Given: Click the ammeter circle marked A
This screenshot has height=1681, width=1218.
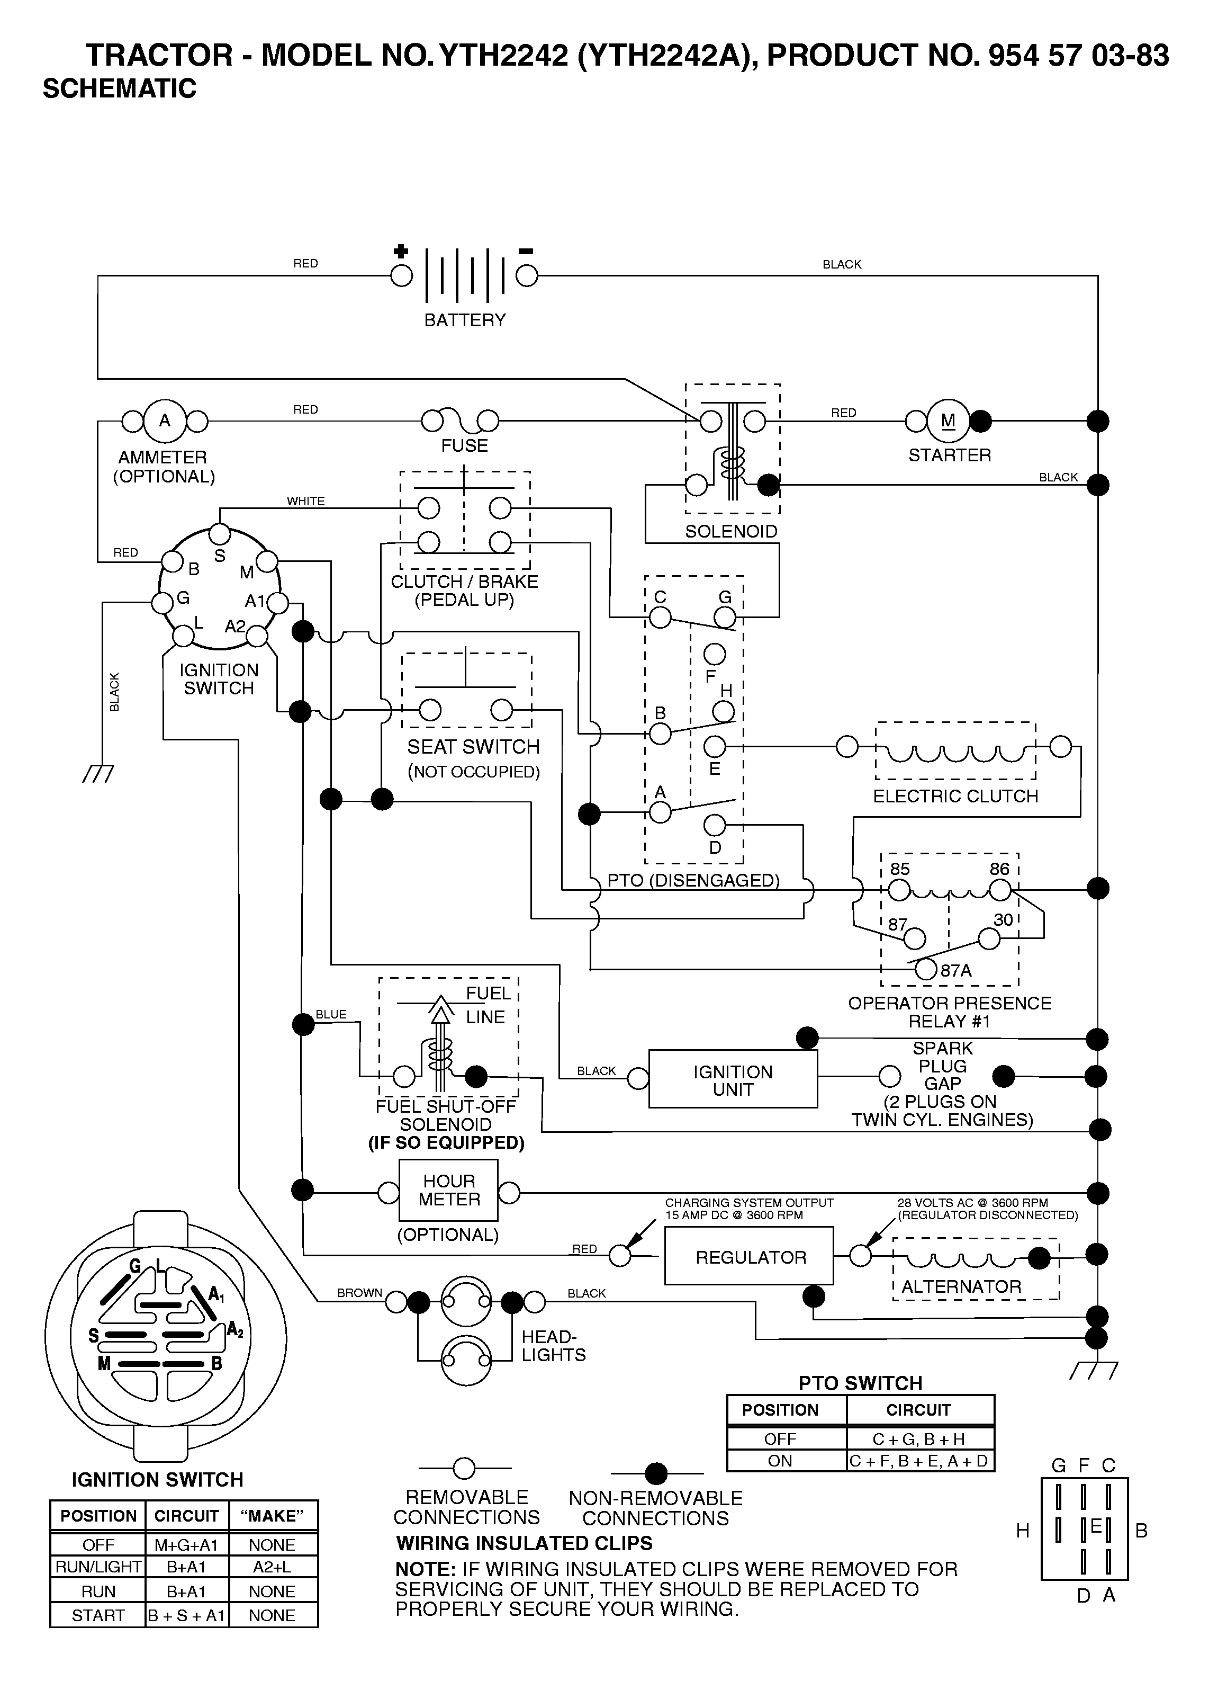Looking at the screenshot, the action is pyautogui.click(x=165, y=421).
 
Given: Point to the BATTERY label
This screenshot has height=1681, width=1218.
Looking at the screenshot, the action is pyautogui.click(x=465, y=320).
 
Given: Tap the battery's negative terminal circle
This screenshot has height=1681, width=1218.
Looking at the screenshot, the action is pyautogui.click(x=527, y=276).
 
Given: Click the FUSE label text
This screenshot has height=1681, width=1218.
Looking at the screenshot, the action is pyautogui.click(x=465, y=445).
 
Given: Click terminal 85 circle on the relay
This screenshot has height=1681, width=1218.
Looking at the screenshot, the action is pyautogui.click(x=899, y=889).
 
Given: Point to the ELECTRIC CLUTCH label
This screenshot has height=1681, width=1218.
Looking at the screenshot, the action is pyautogui.click(x=956, y=796).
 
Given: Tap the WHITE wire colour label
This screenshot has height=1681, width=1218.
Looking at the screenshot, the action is pyautogui.click(x=306, y=501).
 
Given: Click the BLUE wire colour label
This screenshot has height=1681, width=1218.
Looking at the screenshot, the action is pyautogui.click(x=331, y=1014).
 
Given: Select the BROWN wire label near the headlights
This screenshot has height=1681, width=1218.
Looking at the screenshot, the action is pyautogui.click(x=359, y=1293).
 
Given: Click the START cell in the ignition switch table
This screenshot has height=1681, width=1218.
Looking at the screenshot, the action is pyautogui.click(x=98, y=1615).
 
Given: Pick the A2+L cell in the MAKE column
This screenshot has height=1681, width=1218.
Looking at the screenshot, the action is pyautogui.click(x=273, y=1566).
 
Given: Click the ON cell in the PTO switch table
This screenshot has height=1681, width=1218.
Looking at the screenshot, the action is pyautogui.click(x=780, y=1460).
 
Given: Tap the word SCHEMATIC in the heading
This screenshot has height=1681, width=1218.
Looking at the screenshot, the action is pyautogui.click(x=119, y=88).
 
